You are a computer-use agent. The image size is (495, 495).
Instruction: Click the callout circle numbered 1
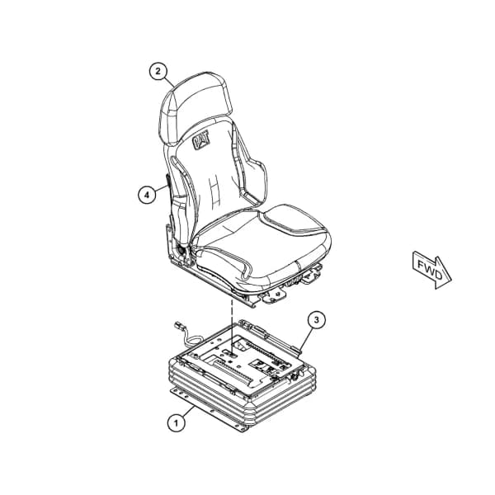point(177,422)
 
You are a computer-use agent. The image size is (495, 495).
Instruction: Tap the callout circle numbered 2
point(158,71)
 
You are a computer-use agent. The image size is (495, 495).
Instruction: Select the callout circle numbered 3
point(317,320)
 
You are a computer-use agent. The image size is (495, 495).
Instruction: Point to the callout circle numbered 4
point(147,195)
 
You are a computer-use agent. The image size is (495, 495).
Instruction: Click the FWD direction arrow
point(432,270)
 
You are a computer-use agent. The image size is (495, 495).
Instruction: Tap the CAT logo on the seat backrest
point(201,140)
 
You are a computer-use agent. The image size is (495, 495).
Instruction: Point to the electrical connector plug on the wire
point(179,326)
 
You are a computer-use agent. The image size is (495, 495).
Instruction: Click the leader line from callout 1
point(189,411)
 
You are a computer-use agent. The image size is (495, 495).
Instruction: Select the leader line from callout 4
point(162,189)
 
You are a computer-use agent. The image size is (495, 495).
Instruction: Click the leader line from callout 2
point(169,82)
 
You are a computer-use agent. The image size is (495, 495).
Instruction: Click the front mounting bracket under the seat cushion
point(273,295)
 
